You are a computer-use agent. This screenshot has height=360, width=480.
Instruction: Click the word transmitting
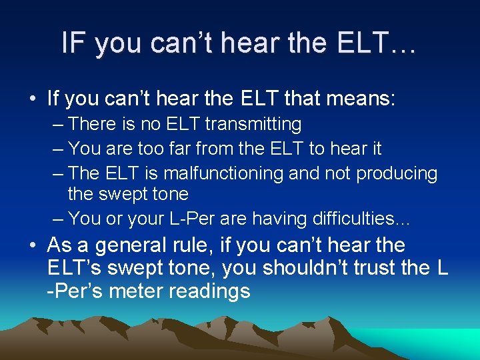tap(253, 125)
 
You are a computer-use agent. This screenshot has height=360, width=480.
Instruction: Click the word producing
tap(397, 173)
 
